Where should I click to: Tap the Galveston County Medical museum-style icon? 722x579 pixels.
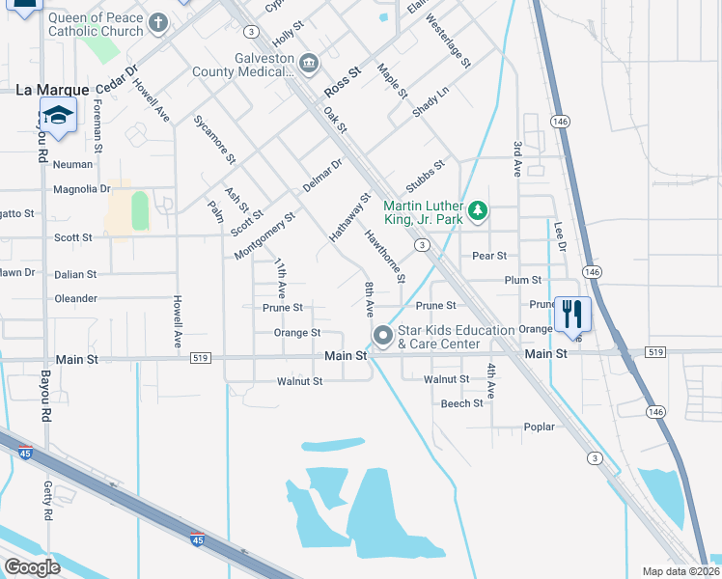309,65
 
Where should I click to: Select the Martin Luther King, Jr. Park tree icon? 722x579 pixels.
477,210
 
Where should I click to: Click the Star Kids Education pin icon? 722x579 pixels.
383,336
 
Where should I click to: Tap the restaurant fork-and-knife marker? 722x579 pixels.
572,314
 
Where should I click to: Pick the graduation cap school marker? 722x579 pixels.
58,115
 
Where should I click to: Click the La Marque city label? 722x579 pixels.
52,90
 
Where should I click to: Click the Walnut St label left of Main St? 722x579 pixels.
299,381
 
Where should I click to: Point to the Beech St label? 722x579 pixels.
461,403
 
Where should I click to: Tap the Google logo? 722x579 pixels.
32,567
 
